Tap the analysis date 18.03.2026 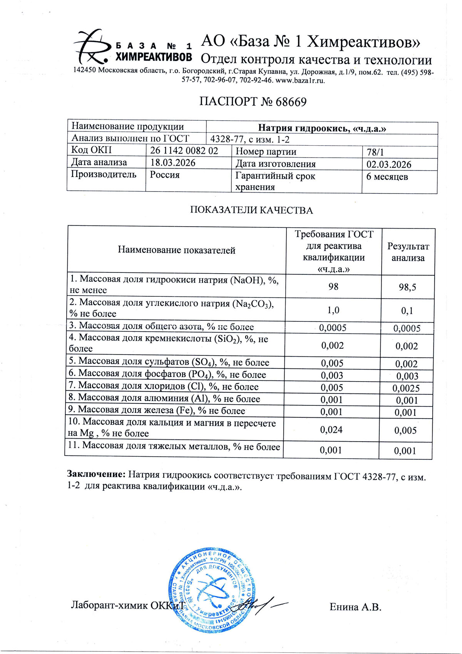pyautogui.click(x=173, y=163)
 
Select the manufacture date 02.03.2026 pyautogui.click(x=388, y=165)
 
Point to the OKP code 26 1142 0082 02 pyautogui.click(x=184, y=151)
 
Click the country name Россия pyautogui.click(x=165, y=175)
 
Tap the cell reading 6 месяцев pyautogui.click(x=387, y=177)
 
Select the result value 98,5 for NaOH pyautogui.click(x=407, y=287)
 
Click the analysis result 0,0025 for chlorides pyautogui.click(x=406, y=388)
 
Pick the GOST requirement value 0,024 pyautogui.click(x=331, y=430)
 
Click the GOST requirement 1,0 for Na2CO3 pyautogui.click(x=333, y=310)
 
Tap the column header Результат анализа pyautogui.click(x=408, y=252)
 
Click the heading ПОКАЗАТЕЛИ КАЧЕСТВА pyautogui.click(x=251, y=210)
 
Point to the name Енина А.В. pyautogui.click(x=355, y=607)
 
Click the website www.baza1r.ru pyautogui.click(x=300, y=81)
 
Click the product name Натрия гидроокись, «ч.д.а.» pyautogui.click(x=322, y=128)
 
